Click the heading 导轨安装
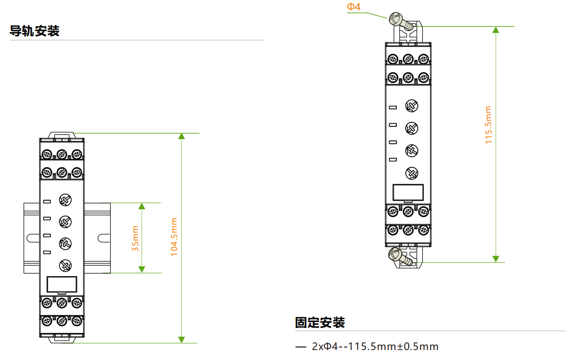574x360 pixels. pos(34,31)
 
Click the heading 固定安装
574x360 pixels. pos(320,323)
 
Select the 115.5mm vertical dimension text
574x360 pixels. pos(489,125)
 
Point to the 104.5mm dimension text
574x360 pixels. pos(174,237)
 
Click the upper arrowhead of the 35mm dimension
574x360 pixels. pos(142,206)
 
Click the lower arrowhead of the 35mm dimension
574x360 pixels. pos(142,269)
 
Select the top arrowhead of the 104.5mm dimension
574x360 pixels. pos(182,136)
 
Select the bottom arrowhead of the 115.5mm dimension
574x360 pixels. pos(496,258)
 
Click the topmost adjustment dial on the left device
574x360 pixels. pos(65,200)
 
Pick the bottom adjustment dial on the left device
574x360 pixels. pos(65,266)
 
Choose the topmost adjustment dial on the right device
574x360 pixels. pos(411,105)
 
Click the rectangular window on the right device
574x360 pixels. pos(408,192)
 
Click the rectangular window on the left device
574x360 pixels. pos(61,284)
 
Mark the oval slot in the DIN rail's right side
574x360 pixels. pos(102,238)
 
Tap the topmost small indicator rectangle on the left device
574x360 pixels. pos(47,201)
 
